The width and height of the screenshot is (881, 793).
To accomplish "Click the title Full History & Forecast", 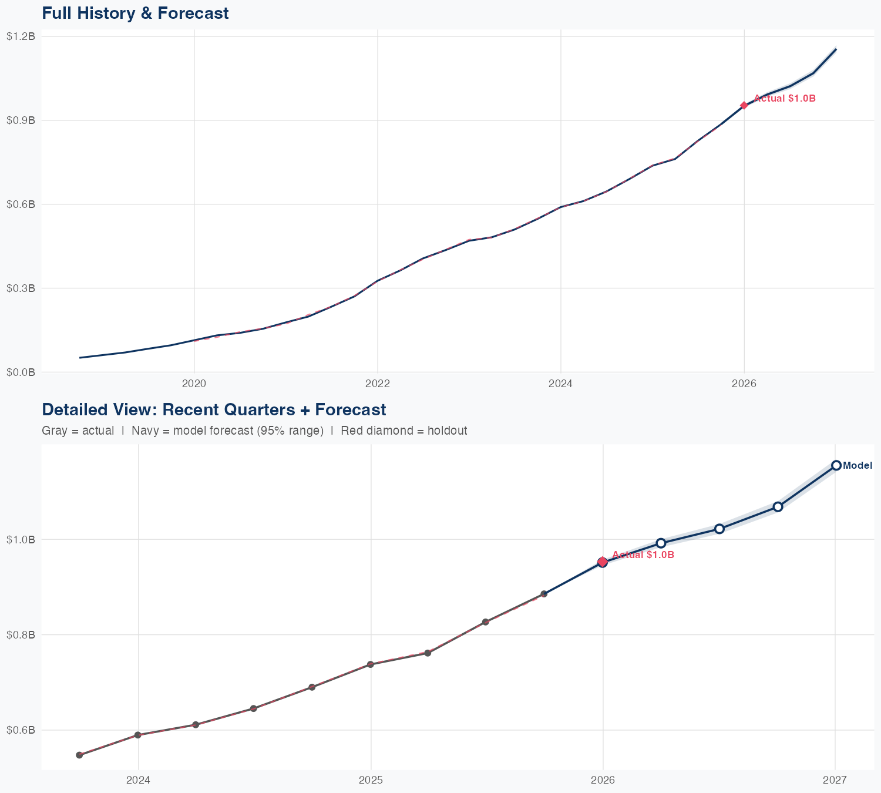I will click(135, 13).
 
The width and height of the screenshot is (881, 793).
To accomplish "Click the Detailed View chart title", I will click(214, 409).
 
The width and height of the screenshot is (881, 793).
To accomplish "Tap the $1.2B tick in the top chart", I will click(21, 36).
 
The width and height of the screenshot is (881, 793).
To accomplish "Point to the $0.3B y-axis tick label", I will click(21, 288).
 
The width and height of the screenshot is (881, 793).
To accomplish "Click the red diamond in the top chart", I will click(744, 106).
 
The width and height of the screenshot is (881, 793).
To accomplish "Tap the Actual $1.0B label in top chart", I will click(785, 99).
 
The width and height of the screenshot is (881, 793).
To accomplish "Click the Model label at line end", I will click(858, 466).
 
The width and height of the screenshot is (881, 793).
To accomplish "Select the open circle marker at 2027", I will click(836, 465).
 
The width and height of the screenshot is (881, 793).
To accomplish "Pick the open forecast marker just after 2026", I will click(661, 543).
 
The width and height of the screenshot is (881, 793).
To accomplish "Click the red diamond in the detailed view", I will click(602, 562).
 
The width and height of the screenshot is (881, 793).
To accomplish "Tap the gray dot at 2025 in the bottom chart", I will click(371, 664).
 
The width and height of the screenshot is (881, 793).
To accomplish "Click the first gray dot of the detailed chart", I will click(79, 755).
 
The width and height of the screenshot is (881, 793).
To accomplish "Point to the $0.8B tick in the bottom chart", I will click(21, 635).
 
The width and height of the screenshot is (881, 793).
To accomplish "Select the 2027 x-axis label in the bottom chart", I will click(835, 781).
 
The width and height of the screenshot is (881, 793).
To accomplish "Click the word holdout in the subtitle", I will click(447, 431).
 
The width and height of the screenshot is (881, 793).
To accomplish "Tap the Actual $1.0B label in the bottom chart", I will click(643, 555).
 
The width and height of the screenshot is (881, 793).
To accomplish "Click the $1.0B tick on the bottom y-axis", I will click(21, 539).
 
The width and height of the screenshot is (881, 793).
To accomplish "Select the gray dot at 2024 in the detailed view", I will click(138, 735).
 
